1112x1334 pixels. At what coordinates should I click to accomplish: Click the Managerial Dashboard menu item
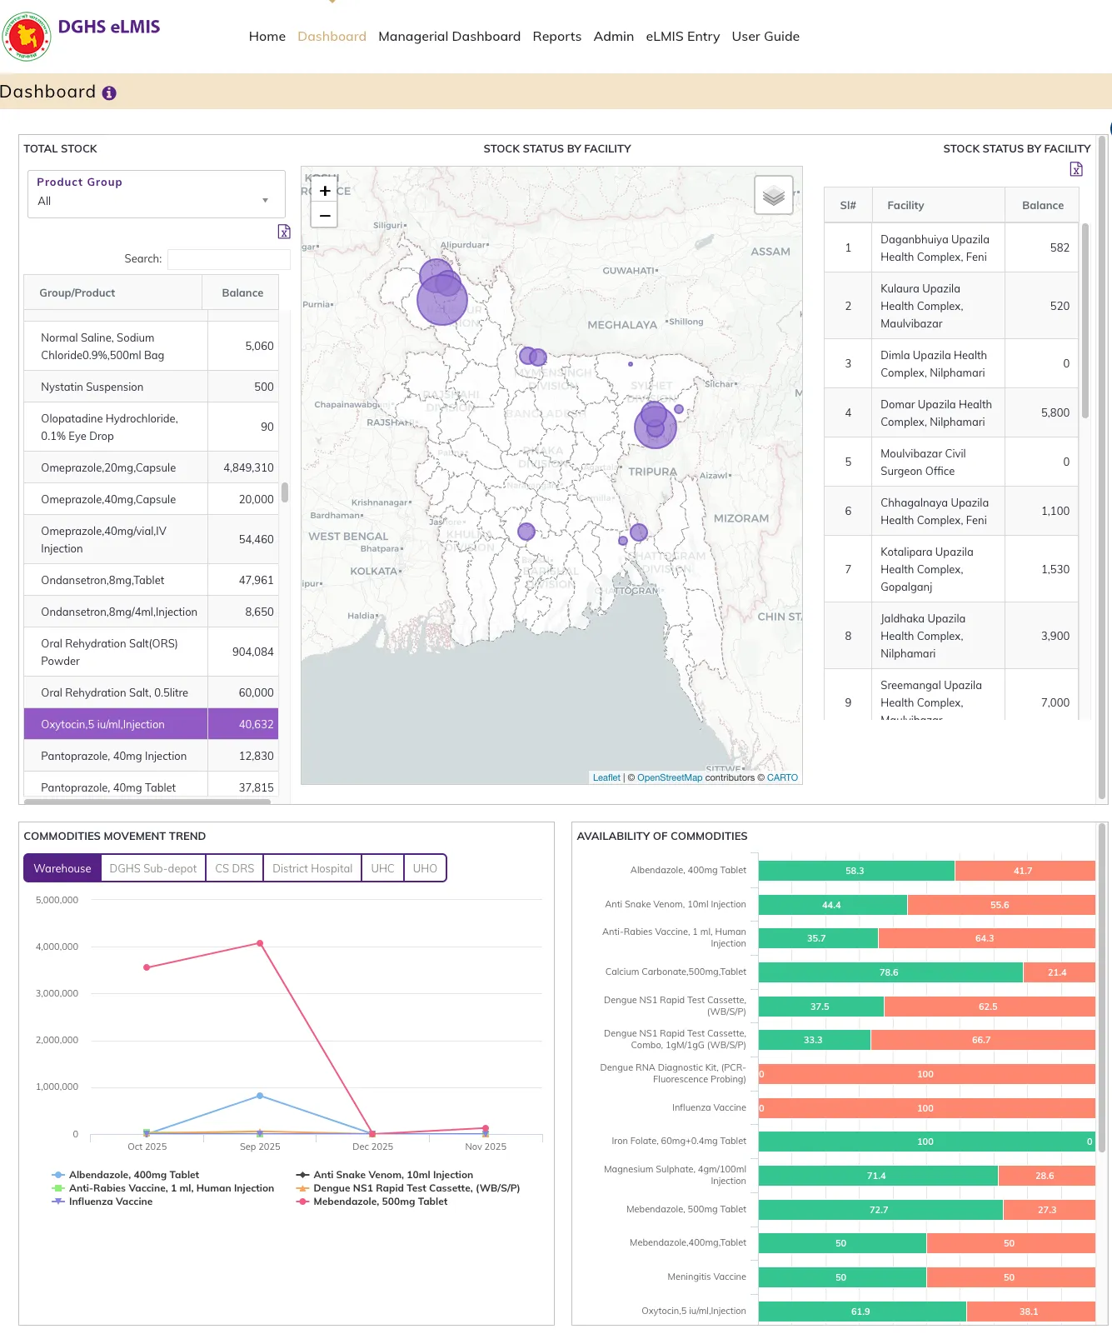tap(449, 37)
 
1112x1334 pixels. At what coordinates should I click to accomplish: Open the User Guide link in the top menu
tap(765, 37)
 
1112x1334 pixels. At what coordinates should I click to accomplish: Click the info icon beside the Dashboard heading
tap(109, 93)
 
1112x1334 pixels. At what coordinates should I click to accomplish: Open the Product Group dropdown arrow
tap(265, 201)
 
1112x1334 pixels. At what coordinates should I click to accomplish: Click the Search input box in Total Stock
tap(228, 259)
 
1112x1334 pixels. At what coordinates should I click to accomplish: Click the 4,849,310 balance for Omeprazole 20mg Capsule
tap(248, 467)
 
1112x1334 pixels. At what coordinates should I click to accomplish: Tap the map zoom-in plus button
tap(325, 191)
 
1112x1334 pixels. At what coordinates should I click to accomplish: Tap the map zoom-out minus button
tap(325, 216)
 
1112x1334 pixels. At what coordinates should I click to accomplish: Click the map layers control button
tap(773, 196)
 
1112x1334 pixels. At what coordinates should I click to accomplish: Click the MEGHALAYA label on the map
tap(621, 325)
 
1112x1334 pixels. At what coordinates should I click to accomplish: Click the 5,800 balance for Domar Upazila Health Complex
tap(1055, 412)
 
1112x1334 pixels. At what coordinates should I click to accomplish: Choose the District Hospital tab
tap(312, 868)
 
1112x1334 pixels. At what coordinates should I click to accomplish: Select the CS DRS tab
tap(234, 868)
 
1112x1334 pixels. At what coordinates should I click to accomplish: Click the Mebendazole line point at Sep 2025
tap(260, 943)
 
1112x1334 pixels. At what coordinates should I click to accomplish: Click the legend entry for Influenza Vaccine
tap(110, 1202)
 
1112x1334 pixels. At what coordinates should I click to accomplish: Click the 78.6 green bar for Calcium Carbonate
tap(889, 972)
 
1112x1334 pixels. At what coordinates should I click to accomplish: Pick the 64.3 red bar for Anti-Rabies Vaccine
tap(985, 938)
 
